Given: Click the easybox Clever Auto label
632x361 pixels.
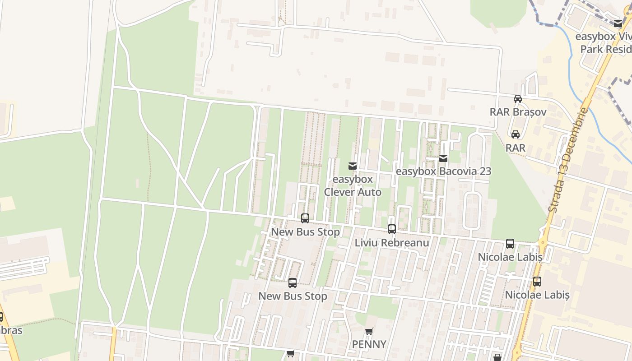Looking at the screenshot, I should click(x=353, y=185).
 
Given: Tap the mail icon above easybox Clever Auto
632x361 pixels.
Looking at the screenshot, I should click(x=353, y=166).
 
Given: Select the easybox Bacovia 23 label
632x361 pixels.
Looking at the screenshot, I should click(x=443, y=171).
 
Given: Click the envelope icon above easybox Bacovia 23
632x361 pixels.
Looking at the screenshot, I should click(x=443, y=158).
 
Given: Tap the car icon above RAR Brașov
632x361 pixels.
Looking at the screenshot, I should click(x=518, y=99).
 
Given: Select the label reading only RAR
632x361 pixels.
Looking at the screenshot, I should click(x=515, y=148).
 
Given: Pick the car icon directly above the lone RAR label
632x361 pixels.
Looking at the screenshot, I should click(x=515, y=134).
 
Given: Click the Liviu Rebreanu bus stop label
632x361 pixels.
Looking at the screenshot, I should click(x=391, y=243).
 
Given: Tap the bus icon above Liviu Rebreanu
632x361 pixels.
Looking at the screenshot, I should click(x=391, y=229).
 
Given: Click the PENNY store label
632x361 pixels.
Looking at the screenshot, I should click(x=369, y=344).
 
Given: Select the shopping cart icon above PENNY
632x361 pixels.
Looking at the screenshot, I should click(x=369, y=332).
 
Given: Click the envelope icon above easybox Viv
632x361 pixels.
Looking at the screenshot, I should click(x=618, y=23).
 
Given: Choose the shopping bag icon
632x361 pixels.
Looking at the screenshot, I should click(x=497, y=357).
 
